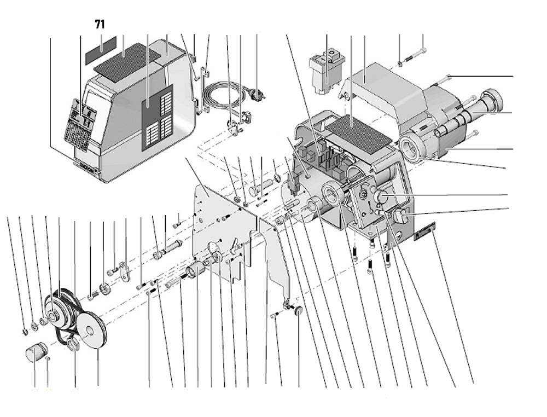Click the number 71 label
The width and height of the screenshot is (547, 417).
(x=100, y=24)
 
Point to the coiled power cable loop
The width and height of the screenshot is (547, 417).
(x=222, y=96)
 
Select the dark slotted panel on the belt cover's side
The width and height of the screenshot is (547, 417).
(x=158, y=117)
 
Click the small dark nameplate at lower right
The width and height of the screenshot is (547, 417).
(x=424, y=231)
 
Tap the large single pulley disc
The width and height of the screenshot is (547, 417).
(x=91, y=328)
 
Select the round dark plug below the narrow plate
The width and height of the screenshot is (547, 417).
(x=299, y=311)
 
